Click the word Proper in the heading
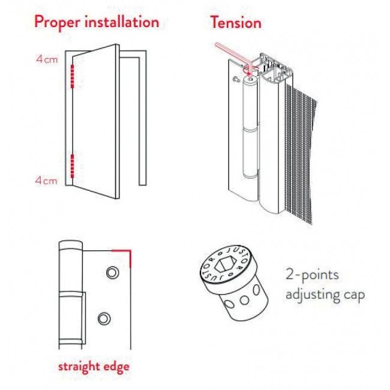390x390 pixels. click(x=58, y=22)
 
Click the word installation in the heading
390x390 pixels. click(x=122, y=22)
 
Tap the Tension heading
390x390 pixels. click(x=236, y=22)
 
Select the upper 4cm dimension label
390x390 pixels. click(x=47, y=59)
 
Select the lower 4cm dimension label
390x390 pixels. click(x=46, y=181)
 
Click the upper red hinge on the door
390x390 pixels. click(x=73, y=77)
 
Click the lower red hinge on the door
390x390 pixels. click(x=73, y=166)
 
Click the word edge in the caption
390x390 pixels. click(x=116, y=367)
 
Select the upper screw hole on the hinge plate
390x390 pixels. click(x=112, y=272)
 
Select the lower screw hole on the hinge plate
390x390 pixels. click(x=104, y=319)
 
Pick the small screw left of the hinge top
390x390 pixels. click(x=236, y=79)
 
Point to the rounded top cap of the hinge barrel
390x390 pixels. click(x=250, y=81)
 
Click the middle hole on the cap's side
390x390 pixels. click(x=244, y=300)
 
